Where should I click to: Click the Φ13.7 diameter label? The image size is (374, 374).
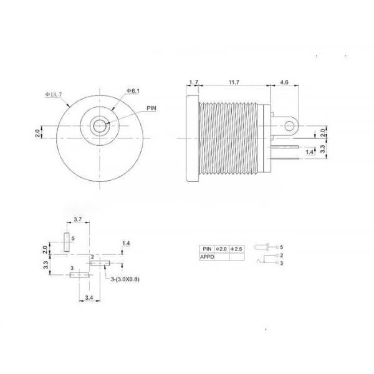(55, 95)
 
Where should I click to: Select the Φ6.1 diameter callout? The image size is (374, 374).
(133, 91)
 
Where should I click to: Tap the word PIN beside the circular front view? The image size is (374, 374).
(151, 108)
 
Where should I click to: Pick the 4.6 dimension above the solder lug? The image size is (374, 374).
(284, 82)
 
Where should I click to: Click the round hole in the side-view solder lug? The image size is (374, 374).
(289, 125)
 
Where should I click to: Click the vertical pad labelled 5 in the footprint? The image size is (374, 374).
(67, 242)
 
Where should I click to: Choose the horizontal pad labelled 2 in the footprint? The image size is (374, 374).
(98, 264)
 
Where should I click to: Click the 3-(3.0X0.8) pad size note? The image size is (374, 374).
(126, 279)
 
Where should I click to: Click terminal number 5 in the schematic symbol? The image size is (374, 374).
(282, 247)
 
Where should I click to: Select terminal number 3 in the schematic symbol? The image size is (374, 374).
(282, 264)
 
